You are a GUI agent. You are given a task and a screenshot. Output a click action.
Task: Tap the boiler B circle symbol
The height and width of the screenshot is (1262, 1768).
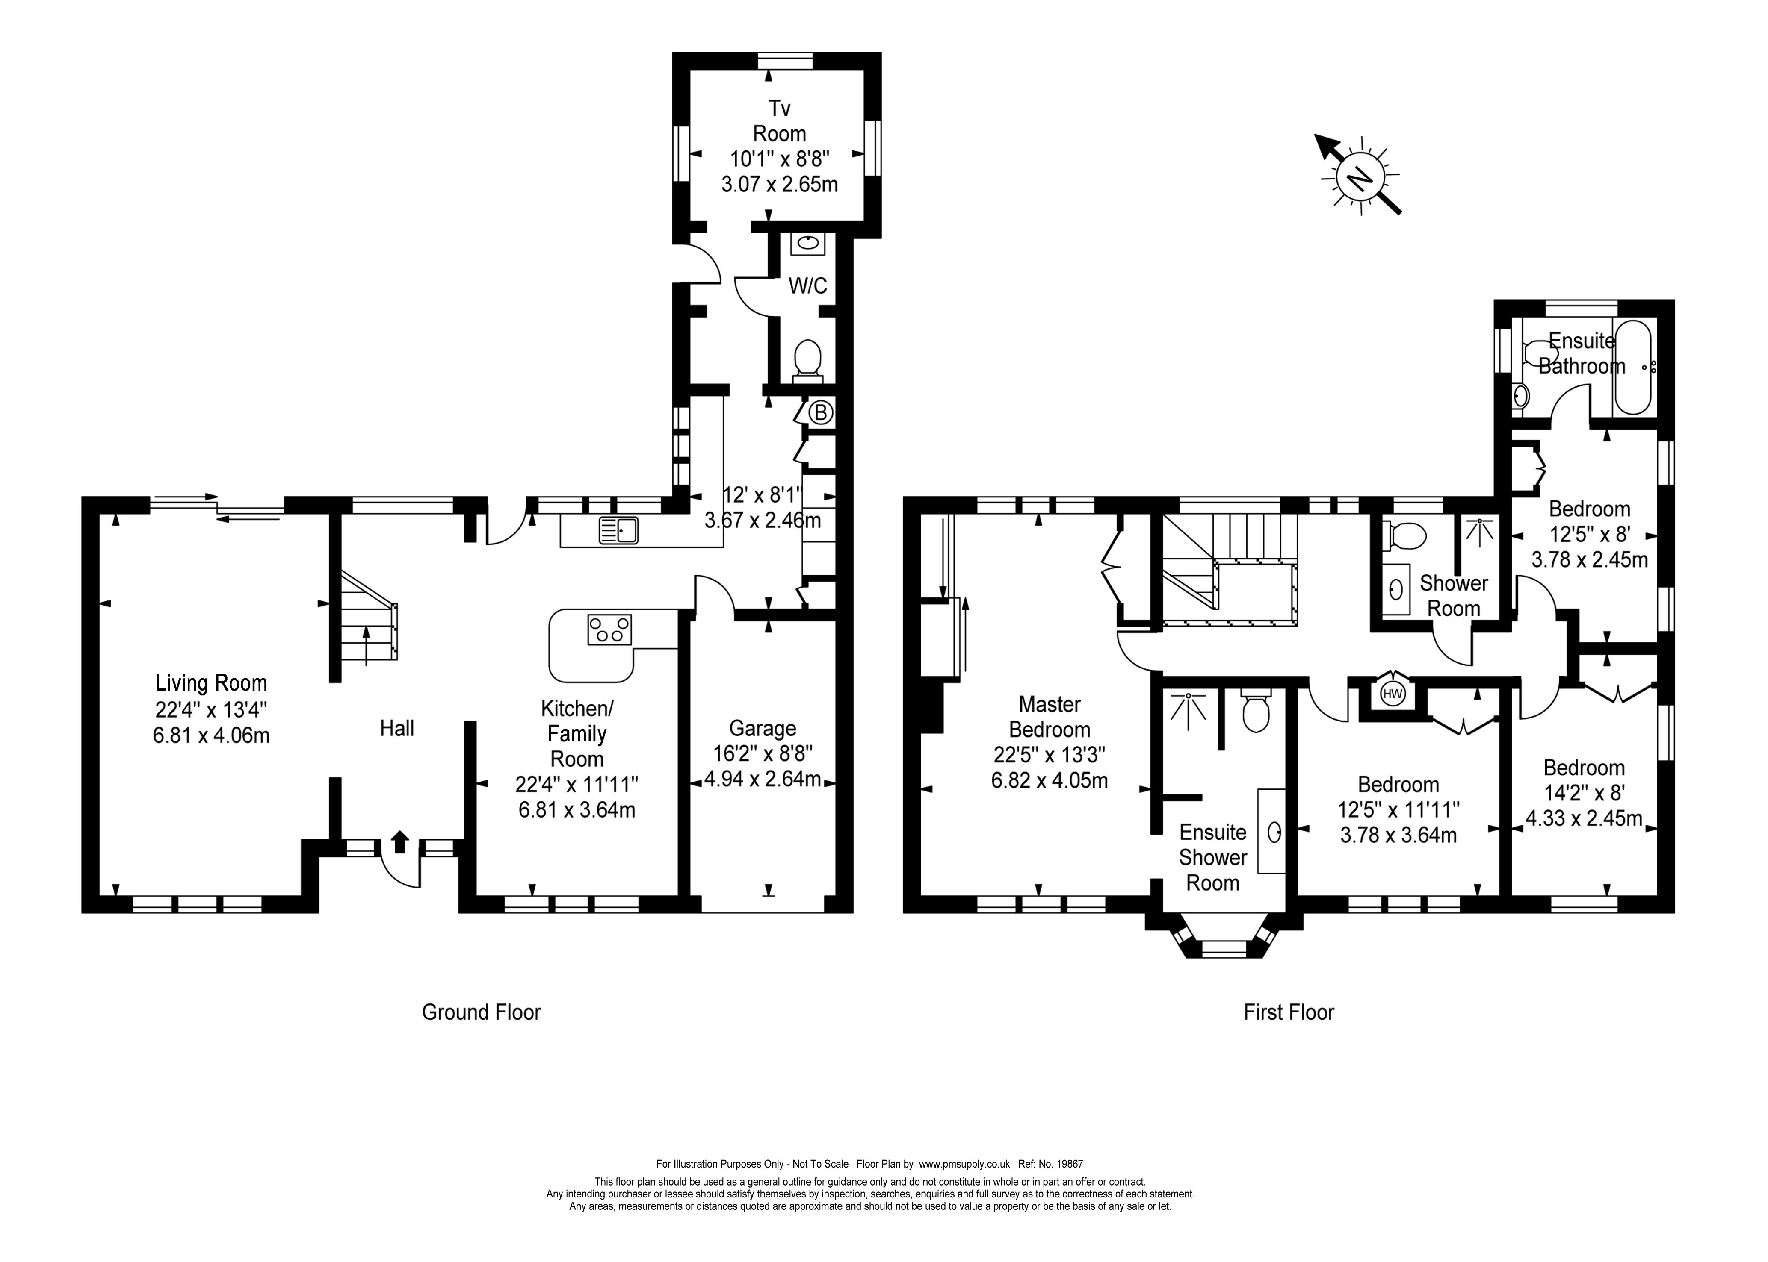(x=820, y=412)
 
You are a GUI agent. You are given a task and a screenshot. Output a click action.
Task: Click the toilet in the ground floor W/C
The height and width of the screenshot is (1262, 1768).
(x=808, y=361)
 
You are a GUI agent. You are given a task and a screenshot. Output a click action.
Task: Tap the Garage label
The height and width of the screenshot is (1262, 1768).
(x=762, y=728)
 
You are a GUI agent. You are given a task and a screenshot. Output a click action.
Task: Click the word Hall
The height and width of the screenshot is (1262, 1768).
(x=396, y=728)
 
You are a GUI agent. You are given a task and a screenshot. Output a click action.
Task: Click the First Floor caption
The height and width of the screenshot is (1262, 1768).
(x=1288, y=1012)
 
